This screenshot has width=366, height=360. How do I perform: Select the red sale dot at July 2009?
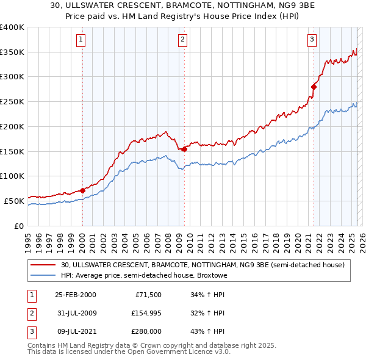184,148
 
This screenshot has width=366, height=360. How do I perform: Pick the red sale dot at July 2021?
314,87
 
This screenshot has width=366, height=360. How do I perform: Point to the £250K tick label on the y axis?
12,102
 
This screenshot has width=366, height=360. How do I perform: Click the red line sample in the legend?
44,265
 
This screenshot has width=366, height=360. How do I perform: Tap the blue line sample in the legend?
44,275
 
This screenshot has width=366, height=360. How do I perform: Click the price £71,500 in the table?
148,295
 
